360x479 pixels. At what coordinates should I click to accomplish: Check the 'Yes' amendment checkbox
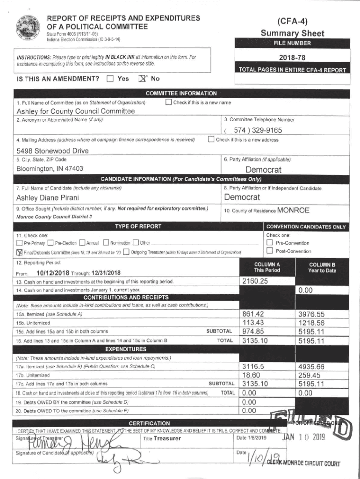click(x=110, y=79)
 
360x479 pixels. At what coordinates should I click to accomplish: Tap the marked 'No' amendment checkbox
click(x=142, y=79)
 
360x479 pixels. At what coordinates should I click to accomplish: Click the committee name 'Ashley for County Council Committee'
click(x=75, y=111)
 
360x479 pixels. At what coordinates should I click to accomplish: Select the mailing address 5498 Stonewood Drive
click(x=52, y=151)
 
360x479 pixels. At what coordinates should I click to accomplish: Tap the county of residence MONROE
click(x=293, y=210)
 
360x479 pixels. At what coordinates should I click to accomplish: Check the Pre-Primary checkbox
click(x=19, y=243)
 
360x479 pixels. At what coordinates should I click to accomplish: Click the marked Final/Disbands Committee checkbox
click(x=19, y=252)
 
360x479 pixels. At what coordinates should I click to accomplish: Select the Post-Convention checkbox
click(x=269, y=252)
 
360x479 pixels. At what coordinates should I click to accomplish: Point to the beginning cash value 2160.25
click(x=255, y=281)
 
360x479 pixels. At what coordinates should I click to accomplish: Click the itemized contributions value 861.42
click(x=254, y=314)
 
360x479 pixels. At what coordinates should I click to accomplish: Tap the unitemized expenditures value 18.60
click(x=251, y=375)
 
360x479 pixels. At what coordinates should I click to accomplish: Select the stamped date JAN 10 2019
click(x=303, y=438)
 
